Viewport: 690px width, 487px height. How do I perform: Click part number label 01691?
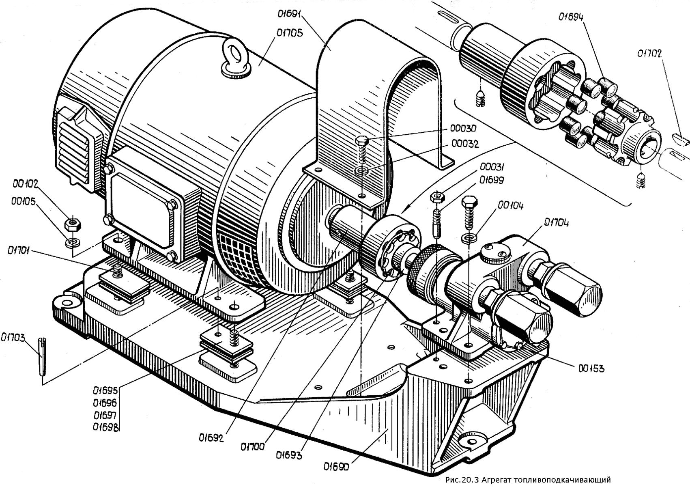tap(289, 14)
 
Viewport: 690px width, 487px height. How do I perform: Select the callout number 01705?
tap(289, 33)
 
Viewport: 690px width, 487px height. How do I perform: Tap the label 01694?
tap(571, 17)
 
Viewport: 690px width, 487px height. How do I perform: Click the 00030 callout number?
tap(463, 129)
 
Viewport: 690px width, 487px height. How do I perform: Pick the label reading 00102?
tap(26, 184)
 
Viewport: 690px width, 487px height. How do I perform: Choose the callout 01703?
tap(13, 337)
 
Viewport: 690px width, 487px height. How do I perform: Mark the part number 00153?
tap(591, 368)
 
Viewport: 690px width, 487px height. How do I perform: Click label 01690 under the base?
tap(336, 467)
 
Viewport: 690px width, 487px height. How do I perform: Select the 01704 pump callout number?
tap(557, 222)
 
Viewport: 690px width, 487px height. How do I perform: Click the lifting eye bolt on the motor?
tap(234, 55)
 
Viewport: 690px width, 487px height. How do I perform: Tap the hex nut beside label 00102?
tap(72, 224)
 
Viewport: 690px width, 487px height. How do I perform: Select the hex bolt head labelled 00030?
tap(362, 141)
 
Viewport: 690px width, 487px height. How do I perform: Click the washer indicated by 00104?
tap(469, 237)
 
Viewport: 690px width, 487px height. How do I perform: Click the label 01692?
tap(211, 438)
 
